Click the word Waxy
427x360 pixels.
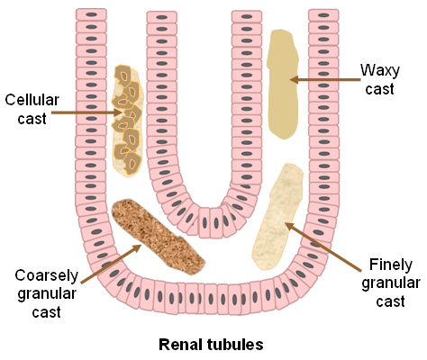(380, 71)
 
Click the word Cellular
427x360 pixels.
(32, 100)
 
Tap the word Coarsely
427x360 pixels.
(47, 275)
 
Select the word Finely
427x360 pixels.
(391, 265)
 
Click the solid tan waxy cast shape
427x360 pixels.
(283, 85)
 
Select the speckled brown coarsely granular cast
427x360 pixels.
(159, 237)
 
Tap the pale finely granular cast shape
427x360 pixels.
(277, 217)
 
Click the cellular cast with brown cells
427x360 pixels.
(128, 121)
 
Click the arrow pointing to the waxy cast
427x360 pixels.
(325, 80)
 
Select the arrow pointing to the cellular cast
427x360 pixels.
(86, 112)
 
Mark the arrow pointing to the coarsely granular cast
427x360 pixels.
(111, 264)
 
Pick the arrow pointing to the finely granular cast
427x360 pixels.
(323, 247)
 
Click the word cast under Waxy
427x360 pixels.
(379, 89)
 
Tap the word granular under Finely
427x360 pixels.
(391, 283)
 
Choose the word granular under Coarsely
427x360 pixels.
(47, 294)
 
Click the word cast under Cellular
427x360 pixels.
(32, 119)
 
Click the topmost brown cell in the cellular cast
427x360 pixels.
(123, 76)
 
